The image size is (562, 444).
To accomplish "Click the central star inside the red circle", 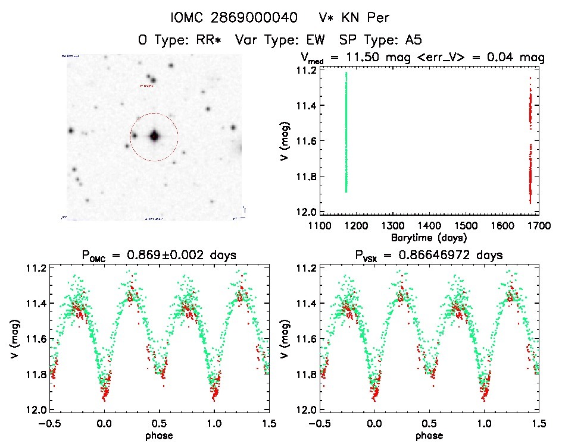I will [x=154, y=136].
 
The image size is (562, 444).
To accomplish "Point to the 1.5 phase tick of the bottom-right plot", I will [x=538, y=423].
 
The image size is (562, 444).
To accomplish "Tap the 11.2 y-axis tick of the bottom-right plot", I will [x=301, y=268].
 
